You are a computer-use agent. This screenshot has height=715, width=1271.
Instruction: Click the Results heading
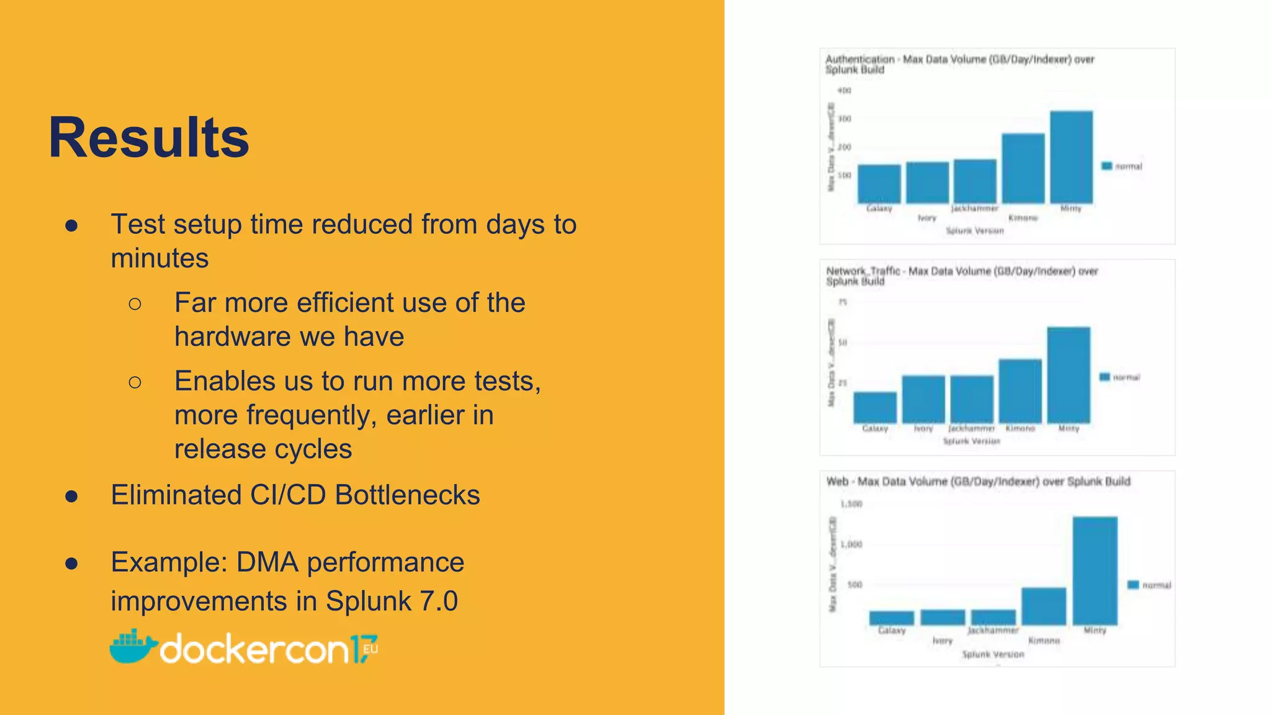[149, 138]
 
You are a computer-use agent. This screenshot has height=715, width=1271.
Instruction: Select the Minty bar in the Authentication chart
[1071, 157]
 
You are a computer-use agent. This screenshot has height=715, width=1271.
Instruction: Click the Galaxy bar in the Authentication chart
[879, 184]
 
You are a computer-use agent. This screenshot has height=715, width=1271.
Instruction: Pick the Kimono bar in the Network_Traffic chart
[1020, 391]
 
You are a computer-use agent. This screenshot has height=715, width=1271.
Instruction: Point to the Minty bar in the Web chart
[1095, 570]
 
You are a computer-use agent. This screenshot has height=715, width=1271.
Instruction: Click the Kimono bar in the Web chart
[1044, 606]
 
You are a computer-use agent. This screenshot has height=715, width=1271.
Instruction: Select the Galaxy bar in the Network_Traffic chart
[875, 407]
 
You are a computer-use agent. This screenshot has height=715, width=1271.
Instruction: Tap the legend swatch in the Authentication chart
[1107, 166]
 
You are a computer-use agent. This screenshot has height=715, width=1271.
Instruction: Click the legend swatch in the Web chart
[1133, 585]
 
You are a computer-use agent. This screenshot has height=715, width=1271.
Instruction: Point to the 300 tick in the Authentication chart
[844, 119]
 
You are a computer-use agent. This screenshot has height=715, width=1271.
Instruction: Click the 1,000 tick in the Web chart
[851, 544]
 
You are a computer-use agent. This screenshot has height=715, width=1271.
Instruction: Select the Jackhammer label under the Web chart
[993, 630]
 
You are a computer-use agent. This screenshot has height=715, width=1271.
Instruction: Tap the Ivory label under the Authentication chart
[927, 218]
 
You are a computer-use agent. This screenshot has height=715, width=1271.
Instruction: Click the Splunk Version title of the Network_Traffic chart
[971, 441]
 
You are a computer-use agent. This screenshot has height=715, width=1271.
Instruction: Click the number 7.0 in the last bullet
[439, 601]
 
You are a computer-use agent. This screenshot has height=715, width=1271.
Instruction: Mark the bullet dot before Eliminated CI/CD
[71, 496]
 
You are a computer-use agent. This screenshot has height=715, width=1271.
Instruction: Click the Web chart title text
[978, 482]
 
